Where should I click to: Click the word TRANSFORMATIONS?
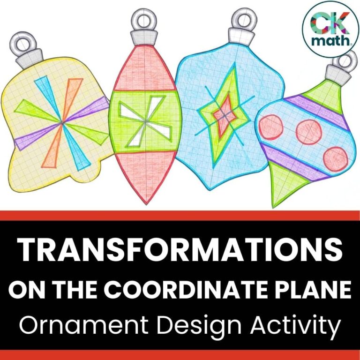click(180, 251)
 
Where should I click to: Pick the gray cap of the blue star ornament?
click(240, 37)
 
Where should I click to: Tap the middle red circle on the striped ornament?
click(307, 127)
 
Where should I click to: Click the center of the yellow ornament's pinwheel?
click(62, 122)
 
